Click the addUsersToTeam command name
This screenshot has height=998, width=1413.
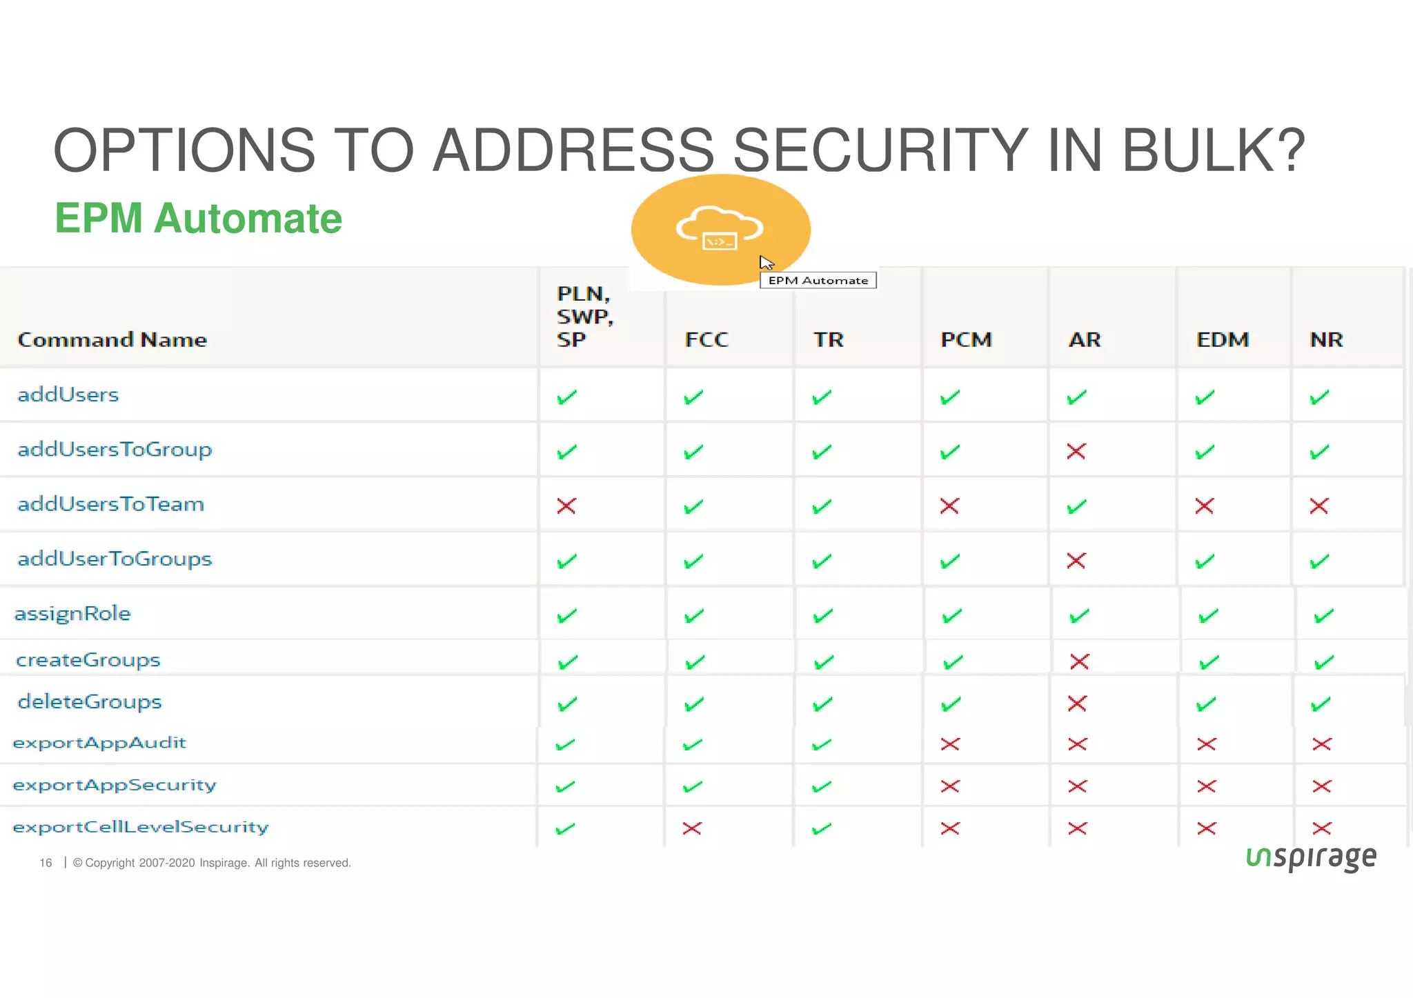click(110, 504)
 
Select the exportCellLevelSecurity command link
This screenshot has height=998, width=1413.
click(141, 826)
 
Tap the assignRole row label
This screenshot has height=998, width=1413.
click(72, 613)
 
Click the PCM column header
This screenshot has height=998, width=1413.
click(966, 339)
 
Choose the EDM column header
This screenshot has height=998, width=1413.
click(1222, 339)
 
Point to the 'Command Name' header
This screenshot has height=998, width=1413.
click(112, 339)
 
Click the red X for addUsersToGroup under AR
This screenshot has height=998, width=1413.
click(1076, 452)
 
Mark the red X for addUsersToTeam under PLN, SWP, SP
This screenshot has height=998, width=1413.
click(566, 506)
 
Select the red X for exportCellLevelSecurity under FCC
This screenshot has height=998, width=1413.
click(692, 828)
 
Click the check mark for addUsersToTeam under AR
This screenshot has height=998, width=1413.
click(1076, 507)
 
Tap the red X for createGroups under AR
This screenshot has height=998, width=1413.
click(1079, 661)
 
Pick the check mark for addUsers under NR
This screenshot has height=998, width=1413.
click(1319, 397)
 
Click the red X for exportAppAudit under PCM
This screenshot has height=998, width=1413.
click(950, 743)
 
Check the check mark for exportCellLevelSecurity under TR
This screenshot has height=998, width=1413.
click(821, 828)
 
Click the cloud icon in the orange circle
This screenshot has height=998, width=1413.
click(719, 228)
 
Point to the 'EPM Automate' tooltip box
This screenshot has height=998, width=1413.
click(818, 280)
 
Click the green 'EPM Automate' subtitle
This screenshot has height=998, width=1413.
click(198, 219)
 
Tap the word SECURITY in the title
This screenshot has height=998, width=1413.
click(879, 150)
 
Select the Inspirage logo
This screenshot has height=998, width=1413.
click(1311, 857)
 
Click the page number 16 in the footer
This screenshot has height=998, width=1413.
click(46, 863)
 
